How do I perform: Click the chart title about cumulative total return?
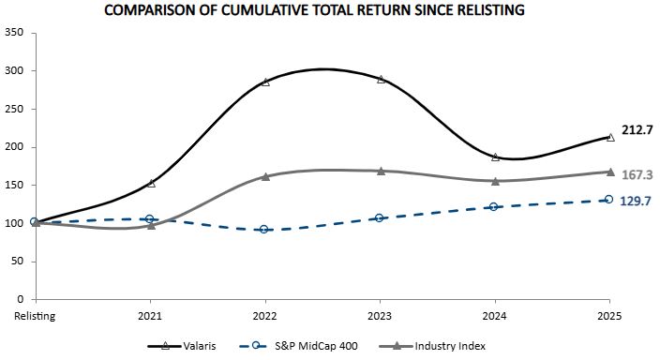[327, 10]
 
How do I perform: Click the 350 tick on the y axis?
[15, 33]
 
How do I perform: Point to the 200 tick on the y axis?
[15, 147]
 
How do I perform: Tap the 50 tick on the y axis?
[18, 262]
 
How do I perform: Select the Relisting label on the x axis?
[35, 316]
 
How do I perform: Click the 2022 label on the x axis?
[265, 316]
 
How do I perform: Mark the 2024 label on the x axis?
[495, 316]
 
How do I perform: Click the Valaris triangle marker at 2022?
[265, 82]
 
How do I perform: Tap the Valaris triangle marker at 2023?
[381, 79]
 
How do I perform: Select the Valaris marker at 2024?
[495, 157]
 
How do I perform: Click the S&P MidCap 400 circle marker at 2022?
[265, 229]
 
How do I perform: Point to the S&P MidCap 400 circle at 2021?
[150, 218]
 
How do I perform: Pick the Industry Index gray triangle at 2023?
[381, 171]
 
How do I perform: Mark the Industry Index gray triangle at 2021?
[150, 225]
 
